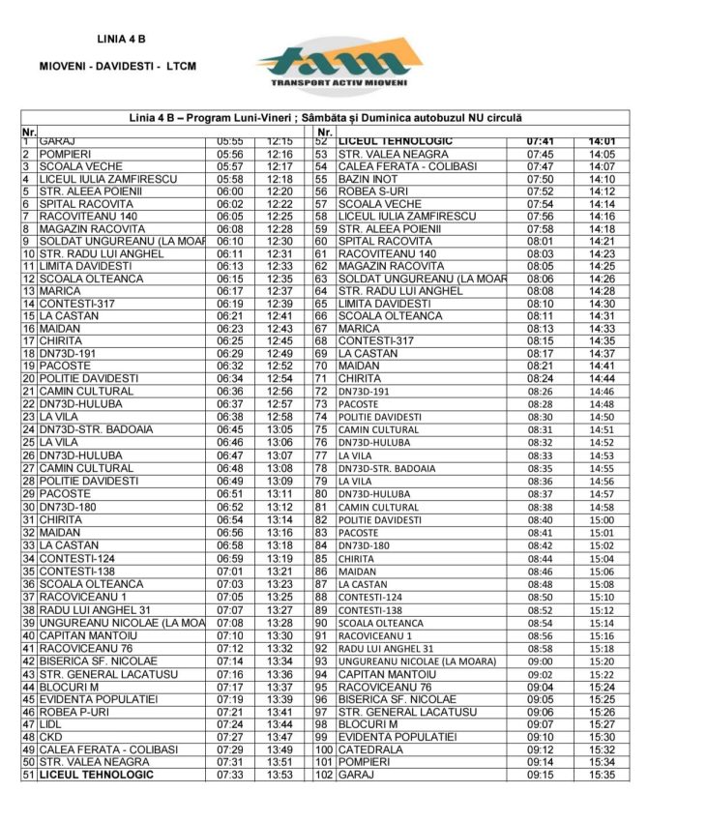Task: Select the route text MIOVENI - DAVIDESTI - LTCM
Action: (117, 67)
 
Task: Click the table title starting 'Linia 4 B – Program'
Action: (325, 117)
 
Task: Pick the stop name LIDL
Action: (50, 724)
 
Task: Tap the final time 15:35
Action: (602, 775)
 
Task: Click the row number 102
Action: (323, 775)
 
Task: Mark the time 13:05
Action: (280, 429)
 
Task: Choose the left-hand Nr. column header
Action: (29, 132)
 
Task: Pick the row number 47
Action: (29, 724)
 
